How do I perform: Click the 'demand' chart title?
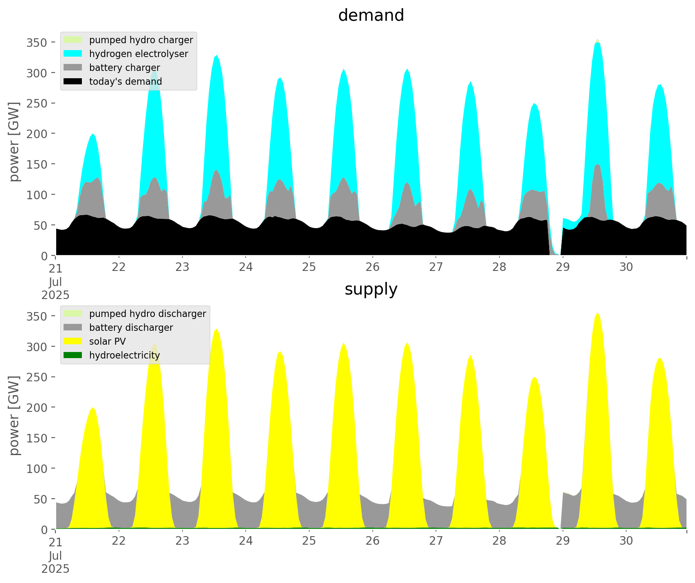371,15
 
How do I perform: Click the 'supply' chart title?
371,289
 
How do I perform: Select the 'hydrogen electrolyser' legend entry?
139,54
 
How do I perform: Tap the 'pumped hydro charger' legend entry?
141,40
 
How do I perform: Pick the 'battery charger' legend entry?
124,68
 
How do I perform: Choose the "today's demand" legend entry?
125,81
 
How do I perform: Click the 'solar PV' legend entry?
107,341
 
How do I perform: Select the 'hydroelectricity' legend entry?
124,355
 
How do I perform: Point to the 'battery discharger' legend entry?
131,328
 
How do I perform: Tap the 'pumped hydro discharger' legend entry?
147,314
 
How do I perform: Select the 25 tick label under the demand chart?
309,268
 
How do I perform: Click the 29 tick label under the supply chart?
563,541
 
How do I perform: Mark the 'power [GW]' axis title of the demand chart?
14,142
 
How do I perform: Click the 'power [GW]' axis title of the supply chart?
14,416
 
